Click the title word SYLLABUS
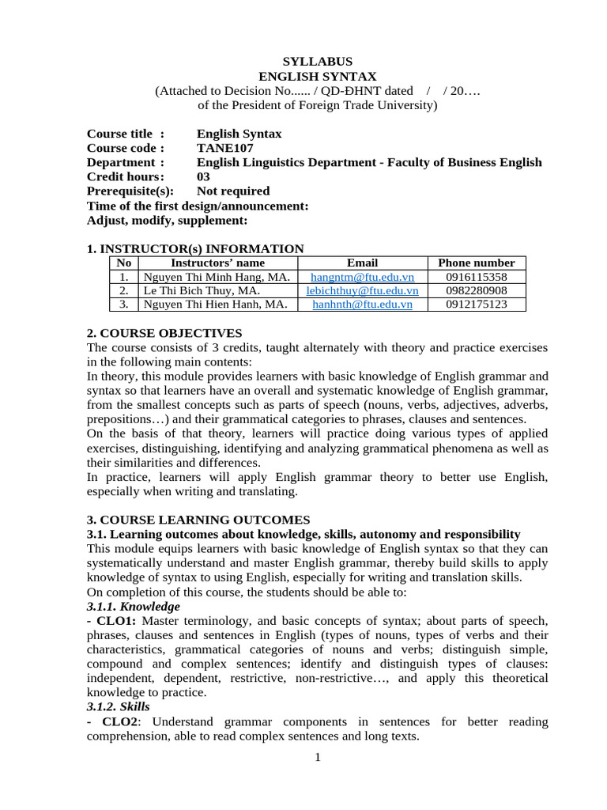tap(318, 61)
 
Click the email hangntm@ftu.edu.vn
tap(362, 277)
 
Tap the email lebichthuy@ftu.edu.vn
tap(362, 290)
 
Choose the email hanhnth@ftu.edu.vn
tap(362, 304)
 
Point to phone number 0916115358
tap(476, 277)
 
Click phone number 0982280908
tap(476, 290)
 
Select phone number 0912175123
tap(476, 304)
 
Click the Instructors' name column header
tap(218, 263)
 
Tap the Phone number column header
tap(476, 263)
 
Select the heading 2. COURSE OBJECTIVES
tap(164, 333)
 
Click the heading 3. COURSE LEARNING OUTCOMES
tap(198, 520)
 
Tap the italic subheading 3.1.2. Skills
tap(118, 706)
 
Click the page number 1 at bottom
tap(318, 758)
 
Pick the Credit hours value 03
tap(203, 177)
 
